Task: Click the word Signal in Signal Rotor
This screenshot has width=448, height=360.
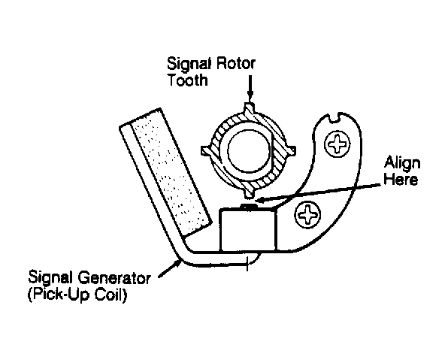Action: click(189, 65)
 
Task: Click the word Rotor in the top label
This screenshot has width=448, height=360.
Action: click(235, 63)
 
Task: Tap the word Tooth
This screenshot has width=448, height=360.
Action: click(187, 80)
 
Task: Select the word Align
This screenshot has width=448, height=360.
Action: click(402, 164)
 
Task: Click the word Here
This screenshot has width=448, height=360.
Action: click(401, 180)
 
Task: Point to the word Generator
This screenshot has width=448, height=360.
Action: click(114, 277)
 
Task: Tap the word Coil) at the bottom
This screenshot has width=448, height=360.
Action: click(110, 295)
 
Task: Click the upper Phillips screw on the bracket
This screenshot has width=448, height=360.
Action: click(338, 144)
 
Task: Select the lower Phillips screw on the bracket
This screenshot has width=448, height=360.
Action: click(307, 214)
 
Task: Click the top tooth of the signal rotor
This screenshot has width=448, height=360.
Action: click(249, 107)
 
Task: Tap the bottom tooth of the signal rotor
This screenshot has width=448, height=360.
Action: click(249, 194)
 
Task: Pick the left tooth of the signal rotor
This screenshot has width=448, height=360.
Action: click(206, 150)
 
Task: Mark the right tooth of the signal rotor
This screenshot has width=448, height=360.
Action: click(292, 150)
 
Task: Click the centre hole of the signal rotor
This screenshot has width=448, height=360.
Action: click(249, 151)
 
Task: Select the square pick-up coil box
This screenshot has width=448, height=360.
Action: click(247, 229)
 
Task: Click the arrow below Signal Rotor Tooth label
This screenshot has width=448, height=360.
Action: click(250, 89)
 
